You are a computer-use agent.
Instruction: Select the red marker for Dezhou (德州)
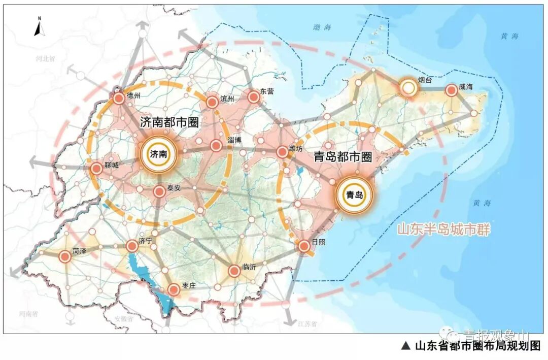coord(118,99)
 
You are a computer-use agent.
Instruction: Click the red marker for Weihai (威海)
coord(451,90)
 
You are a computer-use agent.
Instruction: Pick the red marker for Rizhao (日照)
coord(304,246)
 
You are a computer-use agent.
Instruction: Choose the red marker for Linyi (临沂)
coord(234,271)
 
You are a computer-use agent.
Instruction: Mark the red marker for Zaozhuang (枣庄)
coord(174,290)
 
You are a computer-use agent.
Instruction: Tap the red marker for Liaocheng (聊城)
coord(96,169)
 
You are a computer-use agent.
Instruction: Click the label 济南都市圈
coord(169,122)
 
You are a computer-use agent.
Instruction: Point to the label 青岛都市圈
coord(343,157)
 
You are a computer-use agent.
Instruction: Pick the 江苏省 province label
coord(307,323)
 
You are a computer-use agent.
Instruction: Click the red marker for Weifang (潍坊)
coord(282,151)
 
